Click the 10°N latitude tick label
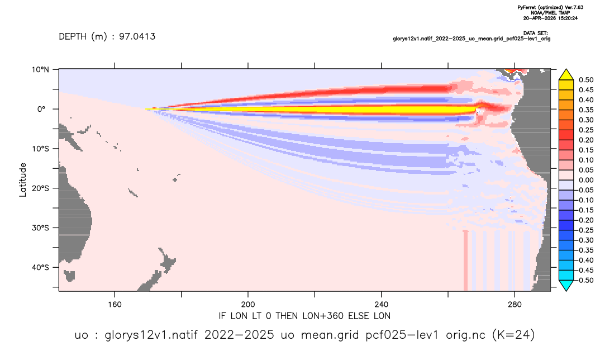40,70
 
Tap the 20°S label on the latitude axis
40,188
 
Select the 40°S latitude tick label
40,267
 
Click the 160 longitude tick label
115,305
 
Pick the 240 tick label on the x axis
382,305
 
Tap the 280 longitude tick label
515,305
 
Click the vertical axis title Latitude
23,180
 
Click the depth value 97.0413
137,36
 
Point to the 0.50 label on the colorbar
586,80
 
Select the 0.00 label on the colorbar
586,180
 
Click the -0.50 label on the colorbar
585,280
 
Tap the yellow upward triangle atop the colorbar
566,75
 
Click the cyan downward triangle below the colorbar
566,285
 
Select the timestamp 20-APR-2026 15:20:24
550,18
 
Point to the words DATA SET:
535,34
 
